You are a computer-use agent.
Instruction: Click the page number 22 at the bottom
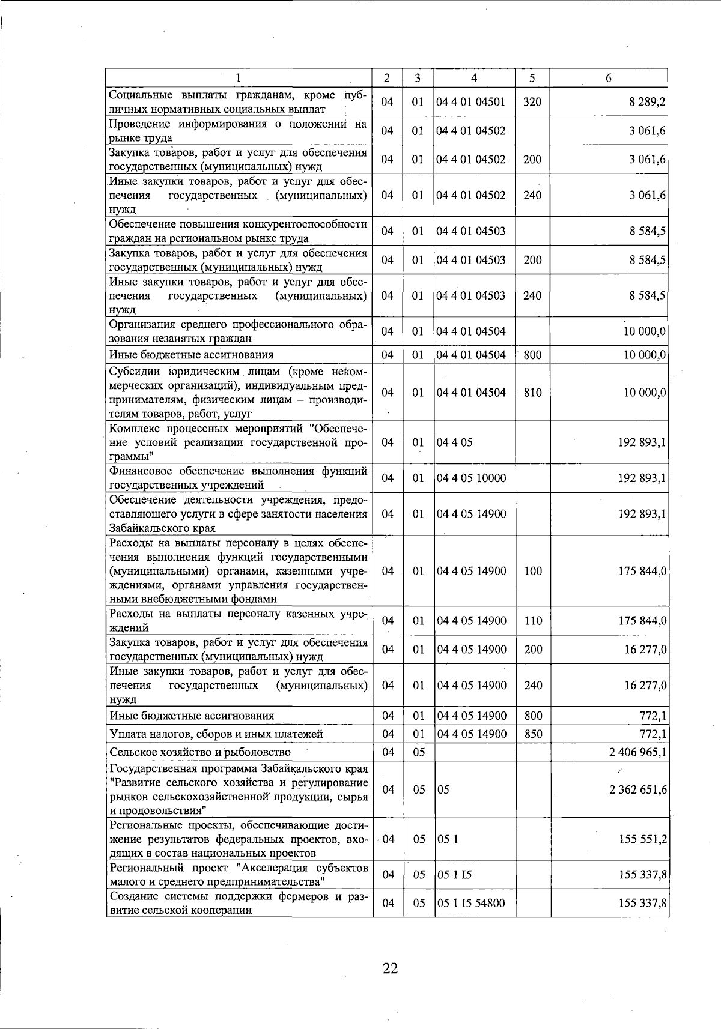(390, 968)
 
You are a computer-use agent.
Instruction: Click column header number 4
(474, 78)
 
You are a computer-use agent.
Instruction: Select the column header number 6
(608, 78)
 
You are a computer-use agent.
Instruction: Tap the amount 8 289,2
(647, 102)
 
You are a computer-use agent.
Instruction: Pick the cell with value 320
(532, 102)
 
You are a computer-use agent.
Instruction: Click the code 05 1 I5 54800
(471, 903)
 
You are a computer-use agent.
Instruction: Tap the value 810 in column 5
(532, 393)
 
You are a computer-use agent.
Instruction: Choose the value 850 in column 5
(533, 734)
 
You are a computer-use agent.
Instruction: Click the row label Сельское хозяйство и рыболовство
(200, 752)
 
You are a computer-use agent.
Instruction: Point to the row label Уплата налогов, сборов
(216, 734)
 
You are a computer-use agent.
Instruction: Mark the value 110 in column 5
(533, 621)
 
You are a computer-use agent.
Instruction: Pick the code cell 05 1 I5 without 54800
(454, 875)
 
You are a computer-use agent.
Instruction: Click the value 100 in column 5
(533, 571)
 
